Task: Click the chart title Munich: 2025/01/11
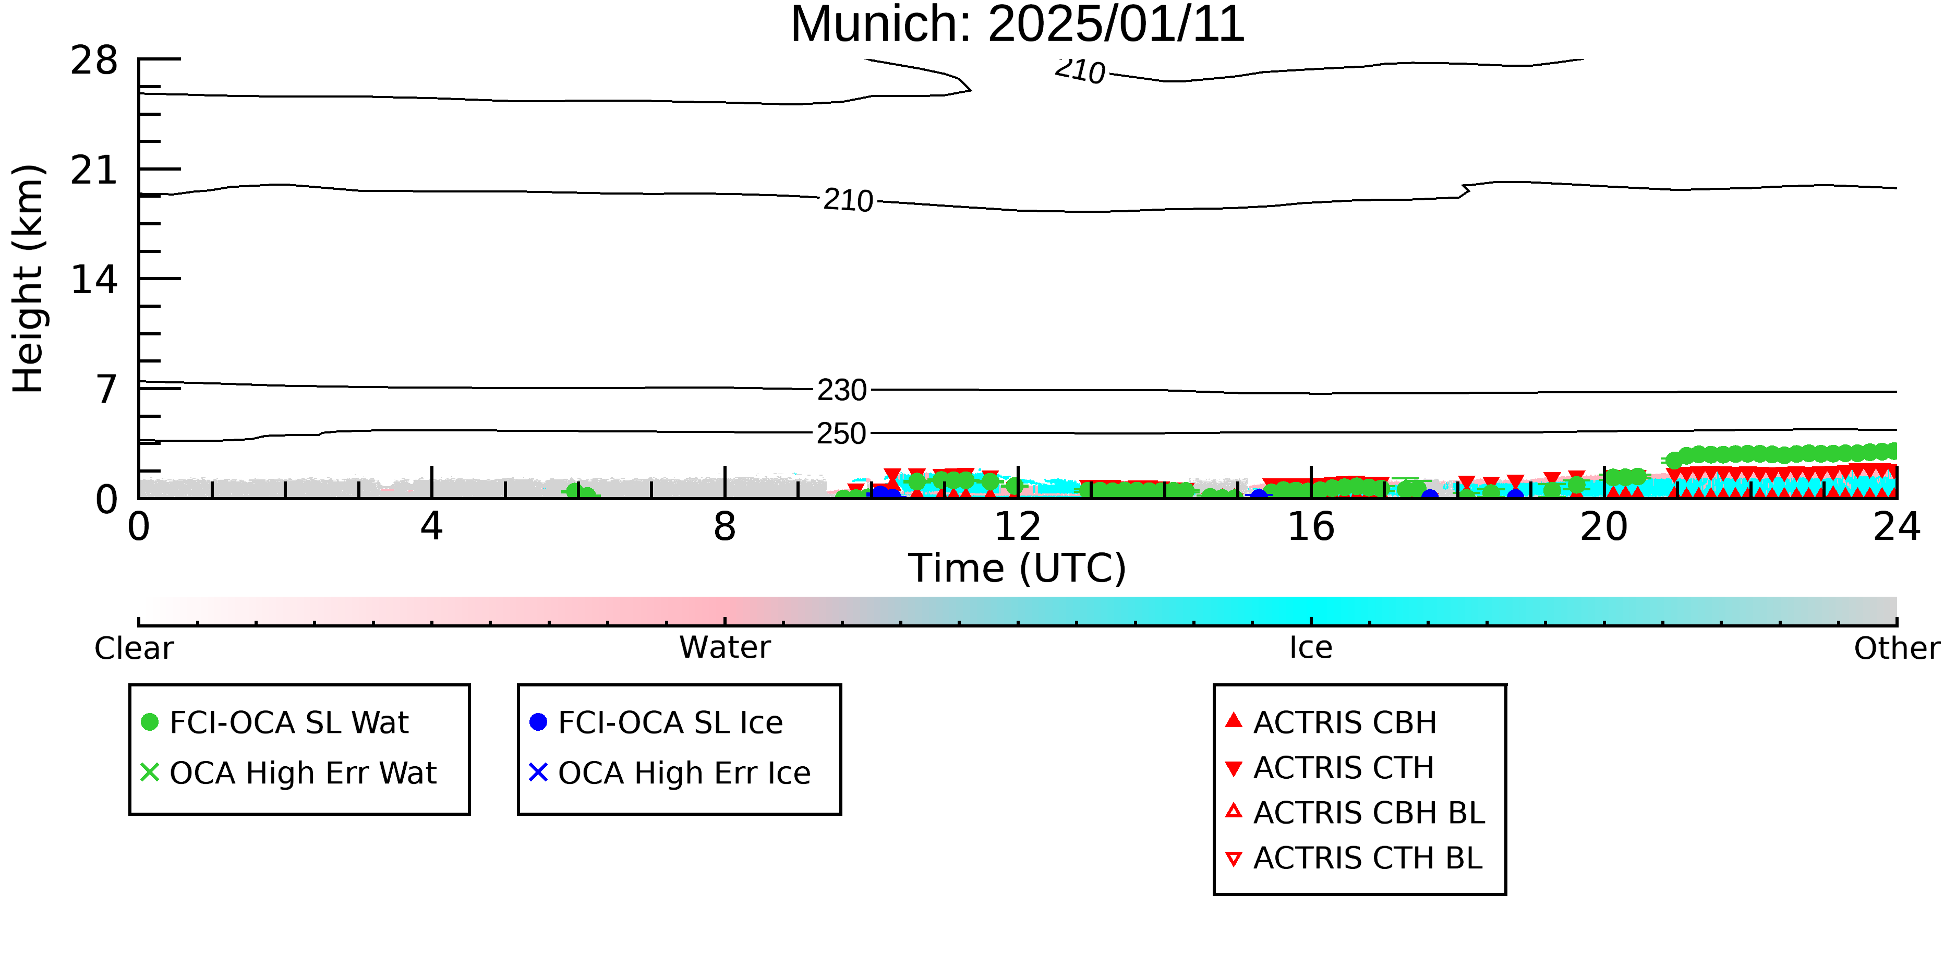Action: pos(1018,25)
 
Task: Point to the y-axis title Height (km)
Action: pos(28,279)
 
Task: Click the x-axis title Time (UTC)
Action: pos(1018,568)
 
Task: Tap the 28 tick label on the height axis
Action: pos(94,60)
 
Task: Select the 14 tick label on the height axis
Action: pos(94,280)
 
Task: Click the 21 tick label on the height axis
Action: pos(94,170)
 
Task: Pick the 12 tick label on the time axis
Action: pos(1018,527)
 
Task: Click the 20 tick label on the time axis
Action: pos(1604,527)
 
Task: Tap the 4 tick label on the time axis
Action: pos(431,527)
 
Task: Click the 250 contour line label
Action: pos(841,433)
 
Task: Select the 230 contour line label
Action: pos(841,390)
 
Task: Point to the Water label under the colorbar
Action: pos(725,648)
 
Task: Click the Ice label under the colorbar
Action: pos(1311,648)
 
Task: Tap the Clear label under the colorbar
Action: pos(134,648)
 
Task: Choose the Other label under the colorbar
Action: pos(1897,648)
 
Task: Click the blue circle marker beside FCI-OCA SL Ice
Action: pos(538,722)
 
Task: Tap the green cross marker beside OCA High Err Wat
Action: pos(150,772)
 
